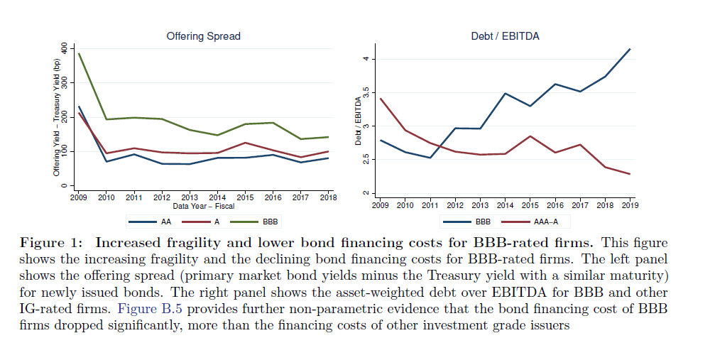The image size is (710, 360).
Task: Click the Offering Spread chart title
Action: pyautogui.click(x=203, y=36)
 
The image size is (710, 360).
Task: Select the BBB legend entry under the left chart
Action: pyautogui.click(x=262, y=222)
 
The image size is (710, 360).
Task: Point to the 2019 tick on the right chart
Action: pyautogui.click(x=629, y=204)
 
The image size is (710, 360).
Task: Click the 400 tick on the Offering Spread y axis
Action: pyautogui.click(x=65, y=48)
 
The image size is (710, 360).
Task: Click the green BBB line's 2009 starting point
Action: pyautogui.click(x=78, y=53)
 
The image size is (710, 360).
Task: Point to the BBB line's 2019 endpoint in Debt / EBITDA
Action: pyautogui.click(x=629, y=49)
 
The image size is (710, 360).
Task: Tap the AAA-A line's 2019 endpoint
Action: pyautogui.click(x=629, y=174)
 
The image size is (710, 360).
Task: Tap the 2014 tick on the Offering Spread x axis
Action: pyautogui.click(x=217, y=197)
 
